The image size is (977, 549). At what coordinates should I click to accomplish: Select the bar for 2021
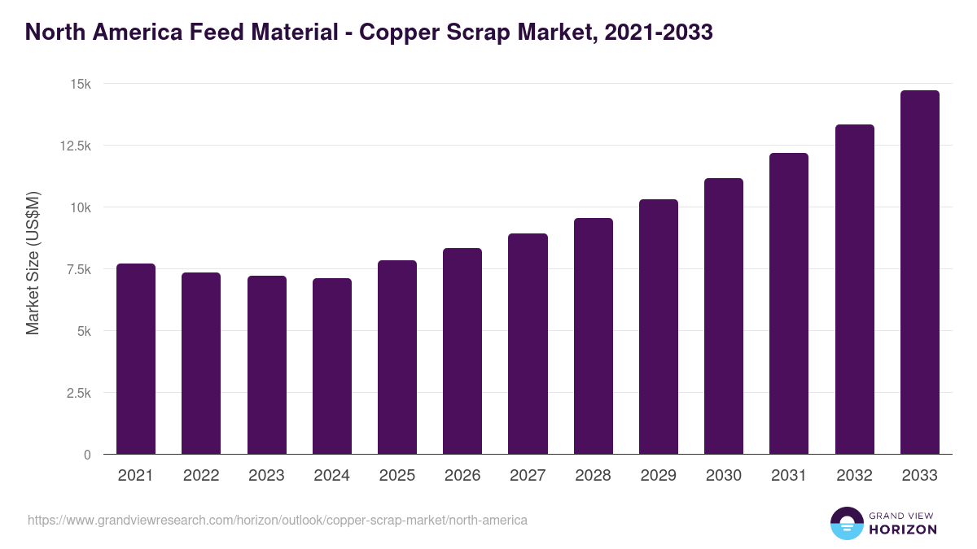coord(136,359)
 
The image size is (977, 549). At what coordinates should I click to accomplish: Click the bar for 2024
coord(332,366)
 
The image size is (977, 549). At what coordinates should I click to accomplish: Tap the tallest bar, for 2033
coord(919,272)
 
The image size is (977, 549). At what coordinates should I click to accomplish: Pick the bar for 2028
coord(594,336)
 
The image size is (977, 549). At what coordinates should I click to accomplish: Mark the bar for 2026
coord(462,351)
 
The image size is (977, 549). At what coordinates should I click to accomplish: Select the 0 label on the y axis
coord(87,455)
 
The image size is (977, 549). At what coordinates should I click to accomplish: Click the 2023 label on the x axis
coord(266,476)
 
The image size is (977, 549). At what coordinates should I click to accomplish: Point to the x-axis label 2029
coord(659,476)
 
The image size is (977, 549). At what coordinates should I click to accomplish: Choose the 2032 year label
coord(854,476)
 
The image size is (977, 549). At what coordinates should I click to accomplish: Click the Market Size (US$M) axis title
coord(33,264)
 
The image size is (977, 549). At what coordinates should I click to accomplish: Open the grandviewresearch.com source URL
coord(278,520)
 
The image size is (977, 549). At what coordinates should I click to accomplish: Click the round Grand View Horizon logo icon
coord(846,524)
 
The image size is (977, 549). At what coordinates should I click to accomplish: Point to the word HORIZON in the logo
coord(903,529)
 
